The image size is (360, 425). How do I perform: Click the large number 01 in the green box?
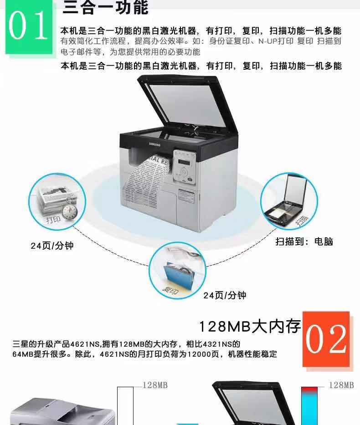pos(28,26)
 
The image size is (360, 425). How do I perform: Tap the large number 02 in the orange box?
pos(326,339)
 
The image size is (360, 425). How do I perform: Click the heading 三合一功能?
pos(105,7)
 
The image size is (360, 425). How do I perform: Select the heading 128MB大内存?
pos(250,326)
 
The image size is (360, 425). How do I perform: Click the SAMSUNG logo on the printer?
pos(155,144)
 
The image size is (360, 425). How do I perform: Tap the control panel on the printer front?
pos(185,167)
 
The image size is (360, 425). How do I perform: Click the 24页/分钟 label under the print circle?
pos(52,246)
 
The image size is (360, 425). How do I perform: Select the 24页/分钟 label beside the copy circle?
pos(225,295)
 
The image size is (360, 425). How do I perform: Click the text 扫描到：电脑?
pos(304,241)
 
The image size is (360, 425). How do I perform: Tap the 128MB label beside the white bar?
pos(155,385)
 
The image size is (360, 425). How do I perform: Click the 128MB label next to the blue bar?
pos(341,385)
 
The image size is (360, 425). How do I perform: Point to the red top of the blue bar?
pos(309,389)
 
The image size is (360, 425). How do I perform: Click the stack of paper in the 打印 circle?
pos(53,200)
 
